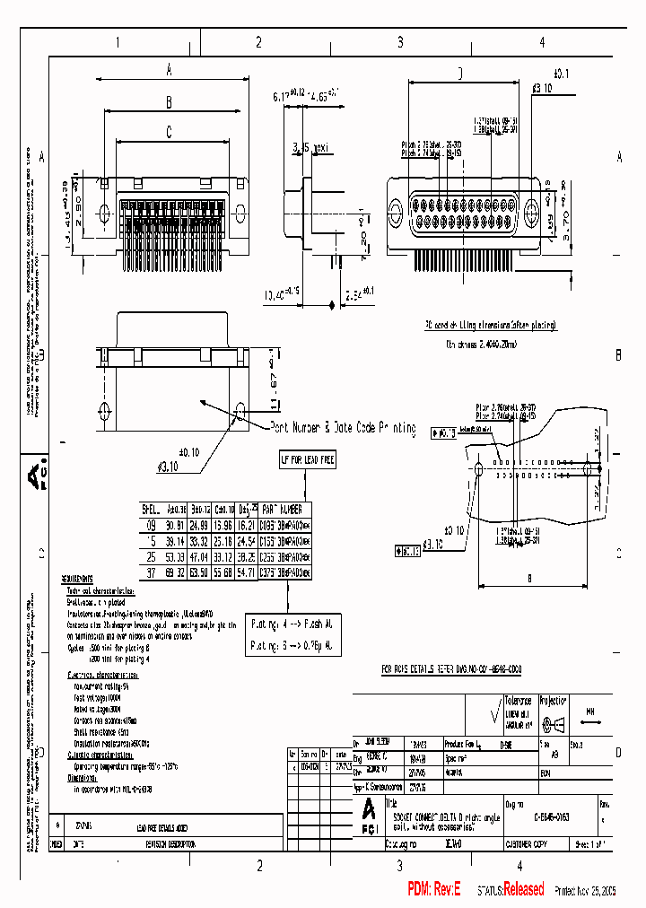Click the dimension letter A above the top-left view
[x=169, y=71]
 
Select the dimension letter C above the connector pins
[x=168, y=132]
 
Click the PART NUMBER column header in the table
[x=286, y=508]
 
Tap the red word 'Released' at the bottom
[x=523, y=889]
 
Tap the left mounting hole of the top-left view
[x=101, y=213]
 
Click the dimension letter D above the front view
[x=459, y=74]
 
